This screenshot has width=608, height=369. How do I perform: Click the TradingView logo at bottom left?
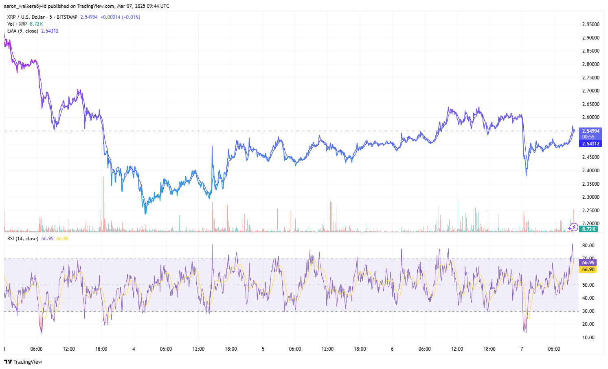(x=23, y=362)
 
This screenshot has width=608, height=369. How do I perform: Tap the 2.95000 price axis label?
(x=590, y=24)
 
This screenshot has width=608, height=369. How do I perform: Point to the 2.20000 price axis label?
(x=590, y=224)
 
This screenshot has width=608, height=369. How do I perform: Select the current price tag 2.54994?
(x=590, y=131)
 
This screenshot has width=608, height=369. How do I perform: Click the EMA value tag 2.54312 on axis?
(x=590, y=144)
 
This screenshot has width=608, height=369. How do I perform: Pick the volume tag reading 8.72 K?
(x=588, y=229)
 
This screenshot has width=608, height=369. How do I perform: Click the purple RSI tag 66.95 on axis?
(x=588, y=263)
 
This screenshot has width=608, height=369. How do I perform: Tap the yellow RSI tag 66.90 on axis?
(x=588, y=270)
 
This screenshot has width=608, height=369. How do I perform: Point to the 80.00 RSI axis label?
(x=588, y=246)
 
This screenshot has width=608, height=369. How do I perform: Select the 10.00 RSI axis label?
(x=588, y=338)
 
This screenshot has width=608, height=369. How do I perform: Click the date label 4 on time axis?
(x=134, y=349)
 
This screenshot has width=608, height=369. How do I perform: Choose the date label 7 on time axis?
(x=522, y=349)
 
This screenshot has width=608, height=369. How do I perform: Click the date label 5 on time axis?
(x=263, y=349)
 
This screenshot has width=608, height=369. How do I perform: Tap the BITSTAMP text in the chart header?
(x=67, y=17)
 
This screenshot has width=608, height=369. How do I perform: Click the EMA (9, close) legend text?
(x=23, y=31)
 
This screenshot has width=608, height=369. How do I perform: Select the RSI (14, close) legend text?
(x=23, y=239)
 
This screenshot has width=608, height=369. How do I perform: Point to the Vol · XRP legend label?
(x=17, y=24)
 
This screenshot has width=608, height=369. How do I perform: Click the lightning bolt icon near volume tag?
(x=574, y=227)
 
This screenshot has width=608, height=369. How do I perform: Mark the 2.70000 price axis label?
(x=590, y=91)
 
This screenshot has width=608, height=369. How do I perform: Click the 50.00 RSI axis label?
(x=588, y=285)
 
